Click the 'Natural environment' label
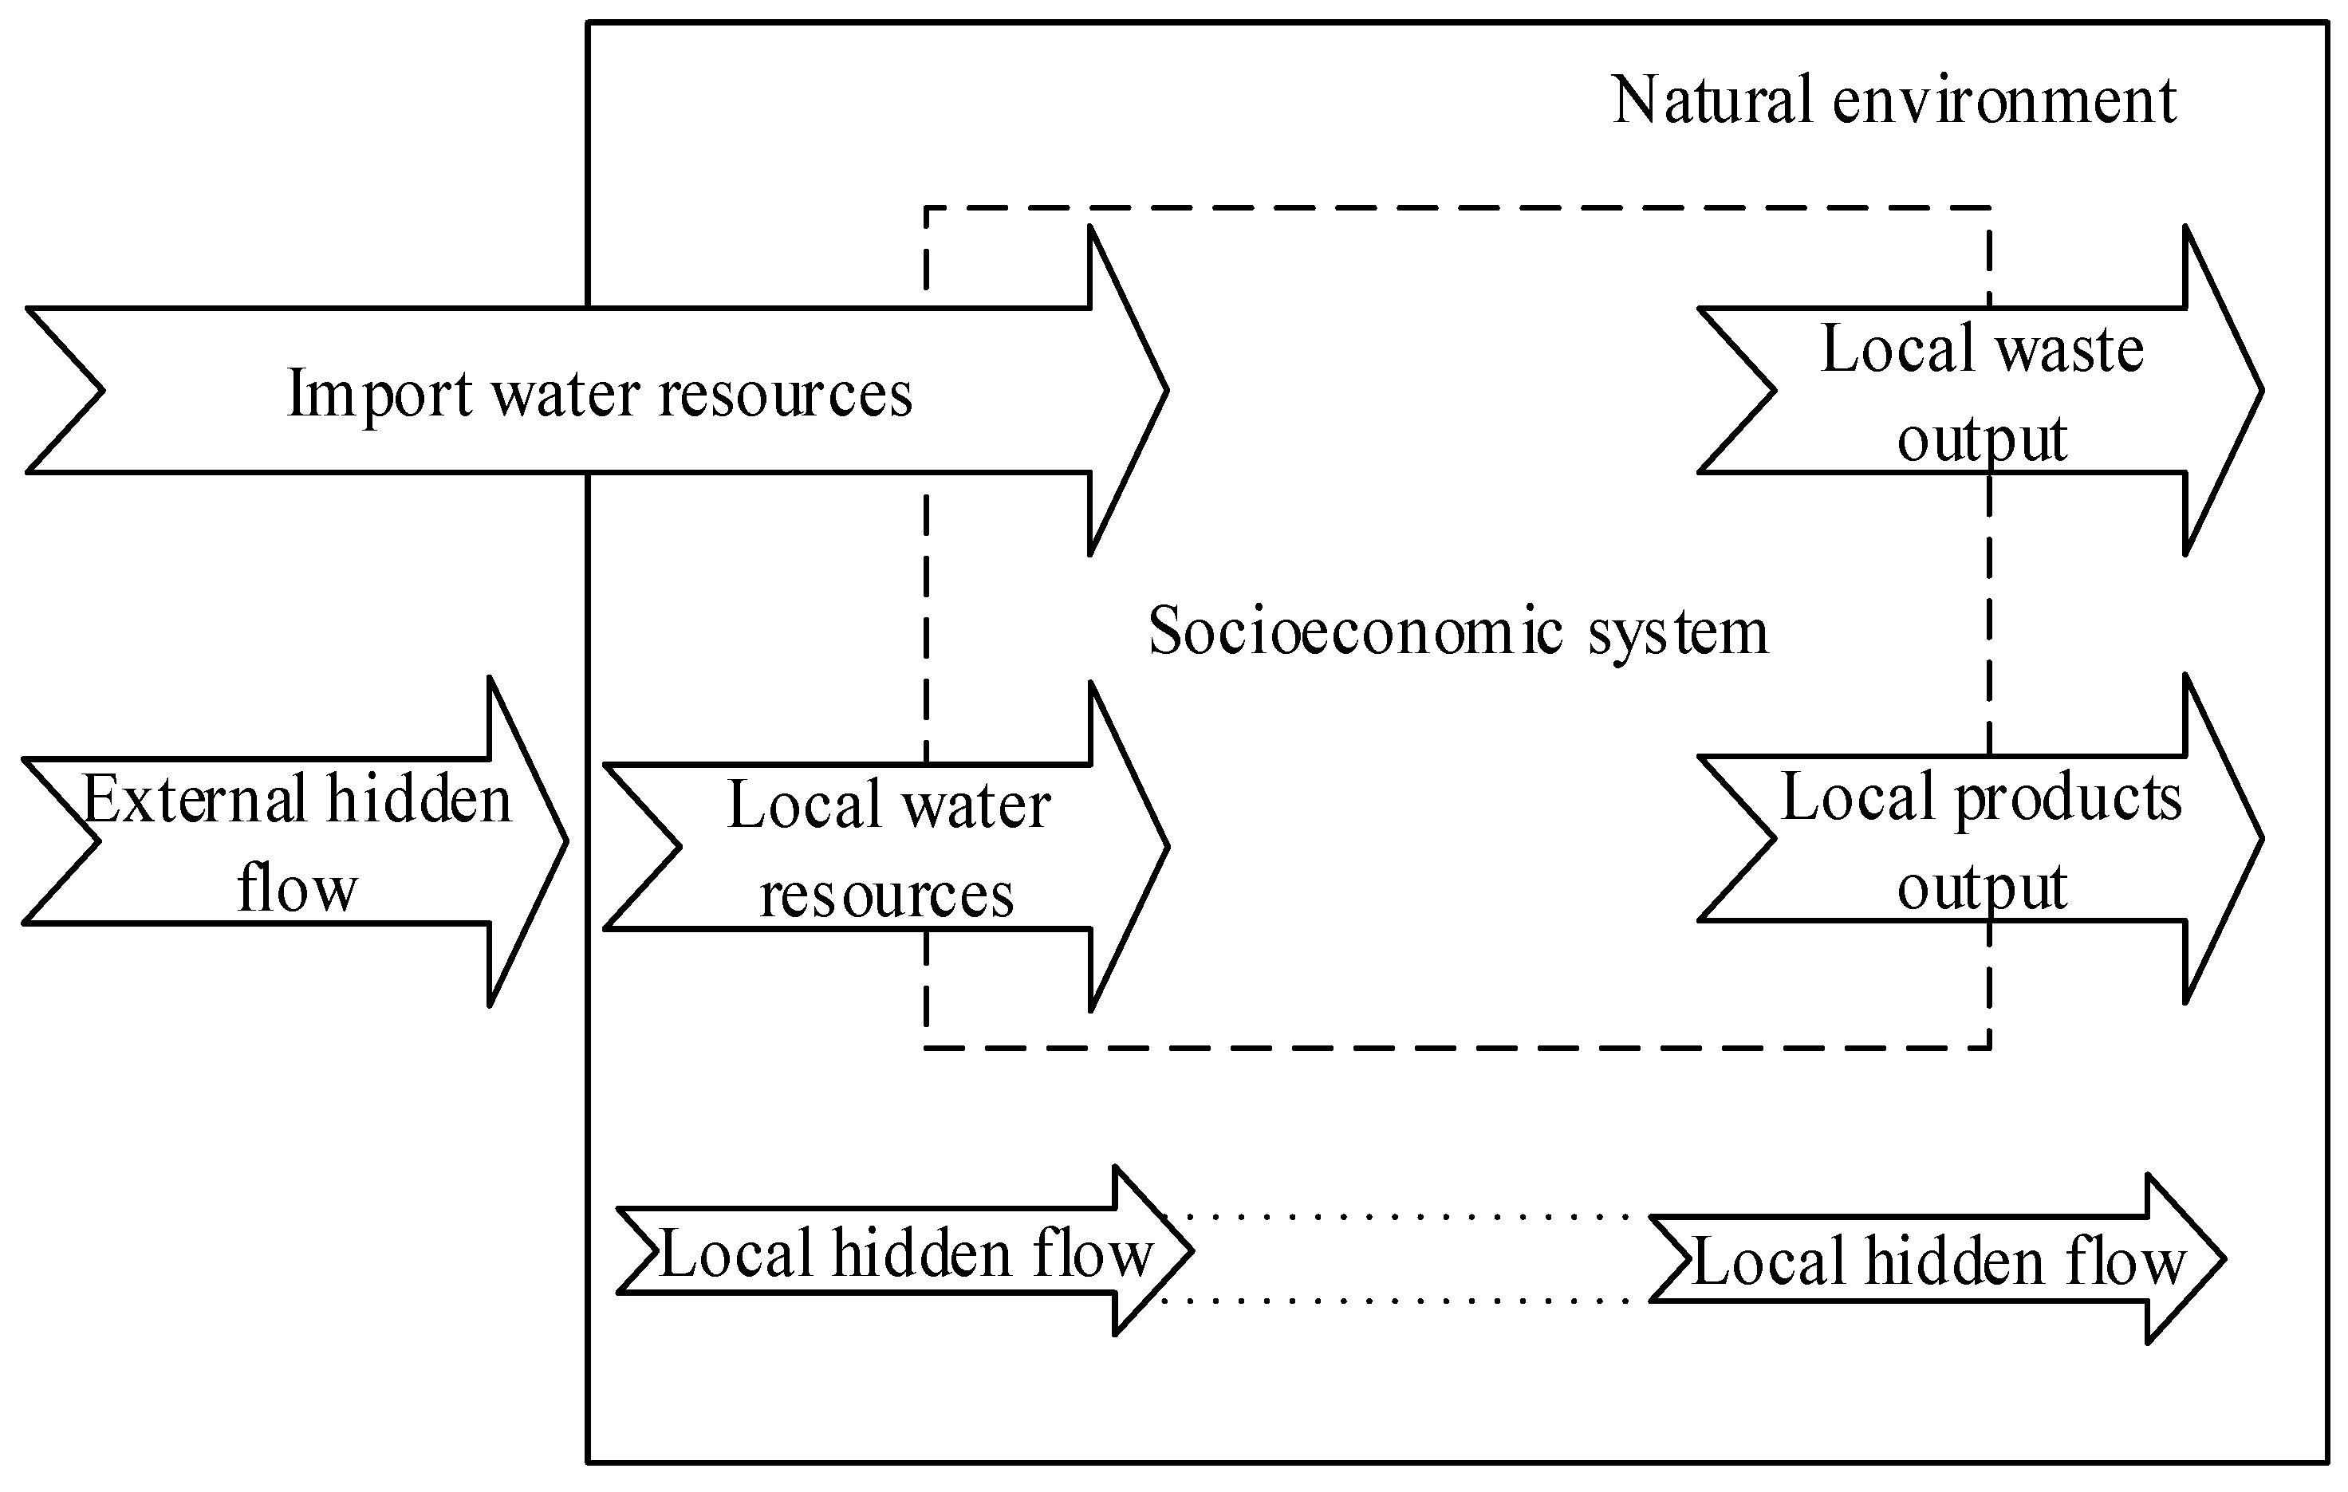(1893, 100)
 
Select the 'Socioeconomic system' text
(1458, 631)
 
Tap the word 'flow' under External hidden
(297, 888)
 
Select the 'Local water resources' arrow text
(888, 848)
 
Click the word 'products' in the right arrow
(2068, 797)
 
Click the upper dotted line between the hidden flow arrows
(1404, 1217)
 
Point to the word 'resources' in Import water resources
(785, 394)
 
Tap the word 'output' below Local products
(1981, 887)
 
